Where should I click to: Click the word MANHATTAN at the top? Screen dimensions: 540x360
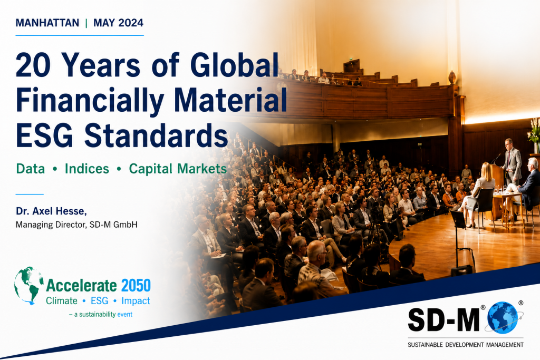[x=47, y=23]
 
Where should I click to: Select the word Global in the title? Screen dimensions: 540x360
[x=234, y=65]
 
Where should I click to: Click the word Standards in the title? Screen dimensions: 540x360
[x=156, y=135]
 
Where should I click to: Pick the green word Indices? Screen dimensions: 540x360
[x=87, y=169]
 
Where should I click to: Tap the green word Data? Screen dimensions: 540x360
[x=30, y=169]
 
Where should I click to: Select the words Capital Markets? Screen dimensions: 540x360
[x=178, y=169]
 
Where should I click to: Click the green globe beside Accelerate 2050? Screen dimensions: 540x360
[x=29, y=285]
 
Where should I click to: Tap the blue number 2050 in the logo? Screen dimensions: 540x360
[x=136, y=286]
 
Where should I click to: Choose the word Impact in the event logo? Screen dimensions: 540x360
[x=136, y=301]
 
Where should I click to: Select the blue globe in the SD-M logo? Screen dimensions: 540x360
[x=503, y=317]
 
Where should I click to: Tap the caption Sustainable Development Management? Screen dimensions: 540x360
[x=466, y=345]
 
